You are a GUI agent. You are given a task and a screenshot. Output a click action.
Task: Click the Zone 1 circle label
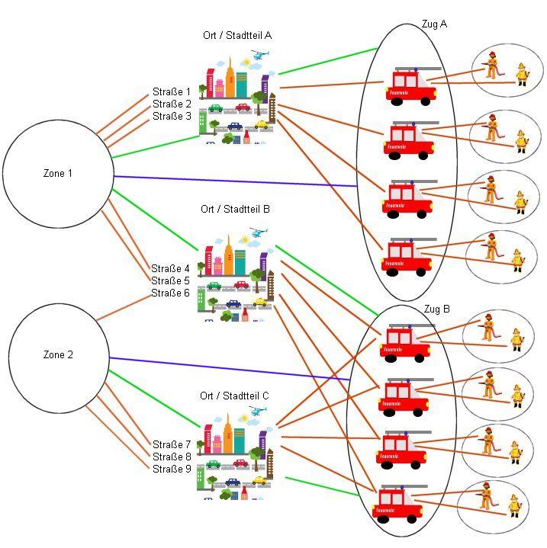(x=58, y=174)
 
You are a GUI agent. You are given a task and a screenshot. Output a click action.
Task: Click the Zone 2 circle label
(x=58, y=355)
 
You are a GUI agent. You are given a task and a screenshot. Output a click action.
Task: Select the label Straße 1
(x=172, y=92)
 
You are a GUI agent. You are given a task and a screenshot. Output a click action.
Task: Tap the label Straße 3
(x=172, y=117)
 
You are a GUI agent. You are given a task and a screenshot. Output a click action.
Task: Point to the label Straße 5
(x=170, y=280)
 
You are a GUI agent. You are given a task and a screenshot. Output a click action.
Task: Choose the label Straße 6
(x=170, y=293)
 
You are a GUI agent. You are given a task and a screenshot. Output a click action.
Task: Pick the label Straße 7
(x=172, y=444)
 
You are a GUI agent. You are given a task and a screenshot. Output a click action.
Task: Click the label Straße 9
(x=172, y=469)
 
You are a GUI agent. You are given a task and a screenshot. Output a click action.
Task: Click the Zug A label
(x=434, y=24)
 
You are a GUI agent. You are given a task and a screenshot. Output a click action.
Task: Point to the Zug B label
(x=436, y=309)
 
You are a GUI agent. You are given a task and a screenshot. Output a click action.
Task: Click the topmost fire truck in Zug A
(x=413, y=85)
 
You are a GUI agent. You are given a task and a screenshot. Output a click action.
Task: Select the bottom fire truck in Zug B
(x=401, y=504)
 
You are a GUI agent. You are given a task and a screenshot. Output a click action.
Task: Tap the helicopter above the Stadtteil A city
(x=259, y=55)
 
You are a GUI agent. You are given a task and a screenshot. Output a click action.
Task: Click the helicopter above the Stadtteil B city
(x=259, y=232)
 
